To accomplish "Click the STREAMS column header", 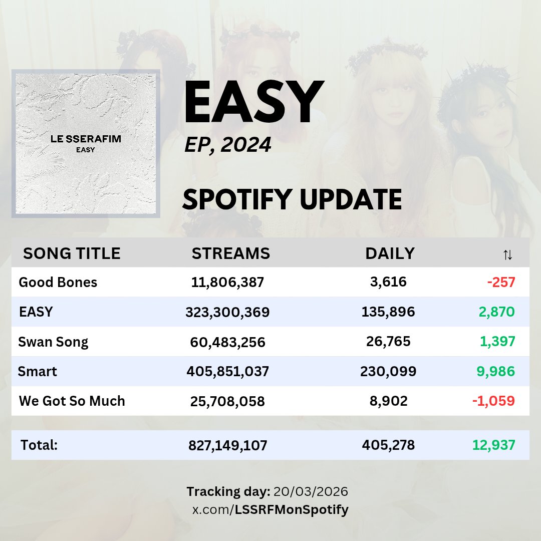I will (x=230, y=253).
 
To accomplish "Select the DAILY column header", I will (x=390, y=253).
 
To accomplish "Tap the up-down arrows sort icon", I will (x=507, y=255).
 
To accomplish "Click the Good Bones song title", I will (x=58, y=283).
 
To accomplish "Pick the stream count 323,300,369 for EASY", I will (x=227, y=313).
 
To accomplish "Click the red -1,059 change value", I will (x=493, y=401).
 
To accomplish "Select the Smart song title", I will (x=38, y=372).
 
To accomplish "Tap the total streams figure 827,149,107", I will (x=227, y=445).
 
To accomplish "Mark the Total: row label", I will (x=39, y=445).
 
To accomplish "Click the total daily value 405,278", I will (x=388, y=445).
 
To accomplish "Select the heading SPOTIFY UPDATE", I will (x=292, y=199).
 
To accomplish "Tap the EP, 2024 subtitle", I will (x=228, y=145).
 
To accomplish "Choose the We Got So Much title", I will (x=72, y=401).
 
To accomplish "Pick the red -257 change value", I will (x=501, y=283).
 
